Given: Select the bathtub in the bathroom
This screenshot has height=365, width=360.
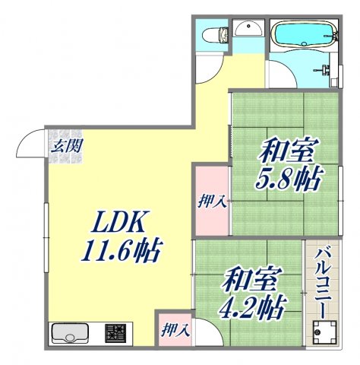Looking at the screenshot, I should [303, 34].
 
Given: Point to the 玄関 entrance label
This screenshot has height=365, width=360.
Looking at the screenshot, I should [63, 146].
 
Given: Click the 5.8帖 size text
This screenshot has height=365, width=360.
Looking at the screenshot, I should [290, 179].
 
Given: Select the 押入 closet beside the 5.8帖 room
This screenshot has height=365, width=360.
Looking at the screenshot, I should [210, 201].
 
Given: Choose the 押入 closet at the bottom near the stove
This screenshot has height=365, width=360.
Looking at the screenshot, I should [174, 331].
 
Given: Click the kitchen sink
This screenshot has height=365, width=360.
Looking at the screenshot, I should [70, 333].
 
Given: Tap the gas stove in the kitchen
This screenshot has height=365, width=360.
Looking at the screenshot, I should [115, 333].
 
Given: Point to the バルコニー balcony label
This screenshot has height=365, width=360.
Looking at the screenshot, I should [321, 282].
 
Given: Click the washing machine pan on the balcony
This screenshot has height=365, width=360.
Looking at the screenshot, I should [322, 332].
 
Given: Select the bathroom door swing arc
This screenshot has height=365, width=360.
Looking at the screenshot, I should [280, 77].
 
